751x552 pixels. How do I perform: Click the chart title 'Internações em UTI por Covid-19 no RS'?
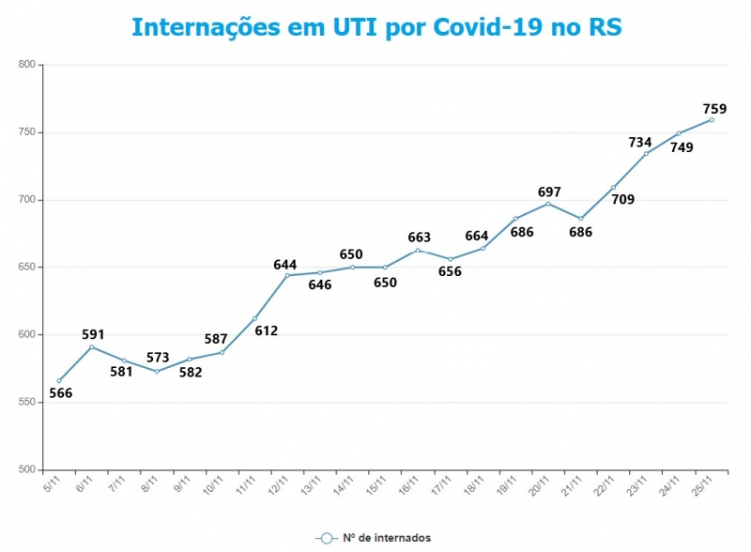375,26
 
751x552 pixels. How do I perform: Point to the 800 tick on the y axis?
26,65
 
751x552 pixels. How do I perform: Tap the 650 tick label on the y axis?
26,268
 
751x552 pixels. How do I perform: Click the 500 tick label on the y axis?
26,469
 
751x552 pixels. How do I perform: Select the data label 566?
60,393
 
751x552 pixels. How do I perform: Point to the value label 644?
285,265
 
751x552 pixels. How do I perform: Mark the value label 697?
550,192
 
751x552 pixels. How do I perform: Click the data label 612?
267,330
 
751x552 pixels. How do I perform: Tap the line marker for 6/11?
91,347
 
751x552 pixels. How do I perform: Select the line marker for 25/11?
712,119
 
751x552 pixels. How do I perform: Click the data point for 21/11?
581,219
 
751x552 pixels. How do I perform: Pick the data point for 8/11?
157,372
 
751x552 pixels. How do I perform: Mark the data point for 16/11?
418,250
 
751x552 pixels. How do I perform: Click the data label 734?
640,143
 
